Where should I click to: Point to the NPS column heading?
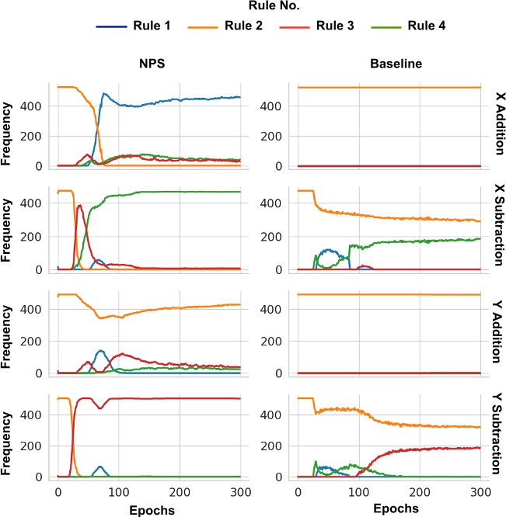[x=148, y=64]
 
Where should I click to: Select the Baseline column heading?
[x=389, y=64]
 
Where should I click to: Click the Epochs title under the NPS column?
[x=148, y=509]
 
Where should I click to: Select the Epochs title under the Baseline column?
[x=389, y=509]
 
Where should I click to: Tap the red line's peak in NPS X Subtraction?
[x=80, y=205]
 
